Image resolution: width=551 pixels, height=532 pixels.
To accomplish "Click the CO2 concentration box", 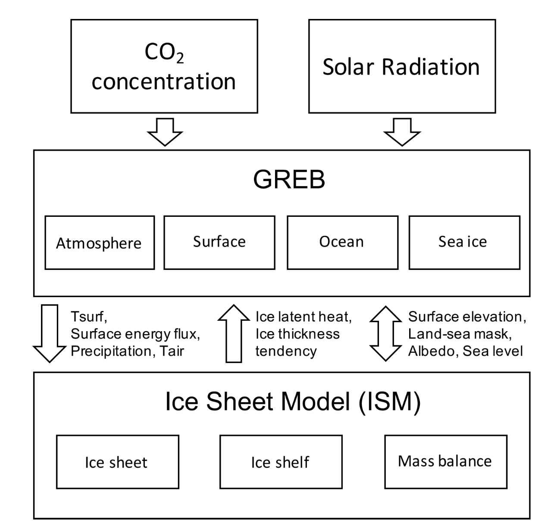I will point(164,66).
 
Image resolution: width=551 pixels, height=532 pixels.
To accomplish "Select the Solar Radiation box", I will point(402,66).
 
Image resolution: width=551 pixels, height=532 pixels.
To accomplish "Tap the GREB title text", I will point(289,179).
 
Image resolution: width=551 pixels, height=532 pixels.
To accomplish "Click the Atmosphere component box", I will point(99,243).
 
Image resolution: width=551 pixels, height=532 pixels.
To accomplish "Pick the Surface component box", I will point(219,242).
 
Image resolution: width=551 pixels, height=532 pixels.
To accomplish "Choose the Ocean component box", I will point(342,242).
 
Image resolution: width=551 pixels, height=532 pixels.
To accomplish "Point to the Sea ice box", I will point(464,242).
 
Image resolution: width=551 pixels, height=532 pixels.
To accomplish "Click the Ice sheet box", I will point(117,462).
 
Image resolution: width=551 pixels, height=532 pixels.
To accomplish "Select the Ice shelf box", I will point(281,462).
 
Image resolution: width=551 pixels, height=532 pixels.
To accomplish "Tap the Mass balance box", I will point(445,461).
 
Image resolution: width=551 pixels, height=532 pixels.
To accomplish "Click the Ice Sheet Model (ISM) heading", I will point(293,401).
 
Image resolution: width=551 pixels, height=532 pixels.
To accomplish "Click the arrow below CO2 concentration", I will point(165,132).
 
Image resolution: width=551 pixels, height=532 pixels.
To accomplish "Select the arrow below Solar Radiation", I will point(402,132).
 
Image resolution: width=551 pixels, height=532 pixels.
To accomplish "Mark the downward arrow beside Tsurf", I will point(50,333).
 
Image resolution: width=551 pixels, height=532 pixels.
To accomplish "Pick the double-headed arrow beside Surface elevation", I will point(385,333).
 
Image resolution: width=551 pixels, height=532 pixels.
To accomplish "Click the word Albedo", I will point(432,351).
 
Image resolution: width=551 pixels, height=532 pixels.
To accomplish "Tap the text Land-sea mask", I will point(460,334).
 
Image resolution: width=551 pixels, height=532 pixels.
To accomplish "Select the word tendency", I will point(286,351).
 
